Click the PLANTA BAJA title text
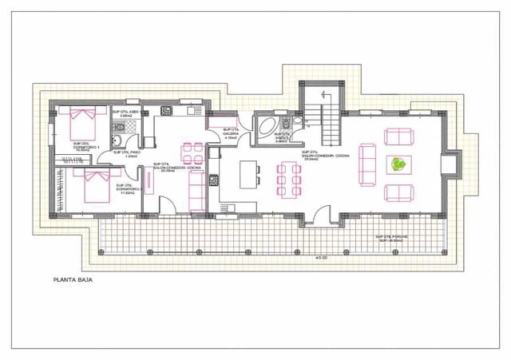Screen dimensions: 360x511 point(71,281)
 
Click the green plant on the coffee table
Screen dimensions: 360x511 point(397,164)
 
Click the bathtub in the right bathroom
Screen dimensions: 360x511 point(266,125)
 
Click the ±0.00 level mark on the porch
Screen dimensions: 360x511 point(321,257)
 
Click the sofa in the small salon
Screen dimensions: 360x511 point(195,191)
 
